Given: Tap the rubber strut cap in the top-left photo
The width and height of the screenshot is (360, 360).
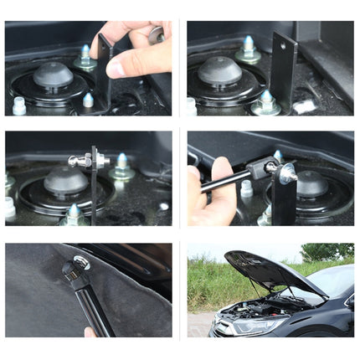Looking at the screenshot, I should point(53,76).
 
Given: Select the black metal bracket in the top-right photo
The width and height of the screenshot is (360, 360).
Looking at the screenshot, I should point(282,71).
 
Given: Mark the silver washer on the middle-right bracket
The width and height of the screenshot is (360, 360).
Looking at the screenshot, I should point(287,173).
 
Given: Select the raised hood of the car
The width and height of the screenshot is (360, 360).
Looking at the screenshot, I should point(268,272).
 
